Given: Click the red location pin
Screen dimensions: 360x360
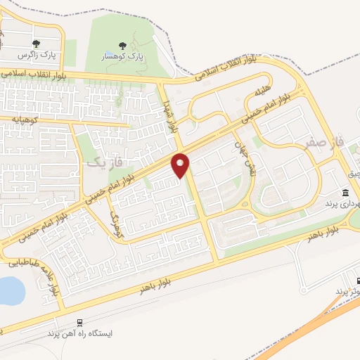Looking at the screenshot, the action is [181, 165].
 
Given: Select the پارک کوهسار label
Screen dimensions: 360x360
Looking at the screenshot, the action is [124, 57].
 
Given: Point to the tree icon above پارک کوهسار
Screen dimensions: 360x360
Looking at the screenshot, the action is [124, 46].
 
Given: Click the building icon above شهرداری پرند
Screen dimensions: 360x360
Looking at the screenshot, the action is [345, 193].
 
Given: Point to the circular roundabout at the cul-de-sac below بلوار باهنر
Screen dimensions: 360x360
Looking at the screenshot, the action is [304, 289].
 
